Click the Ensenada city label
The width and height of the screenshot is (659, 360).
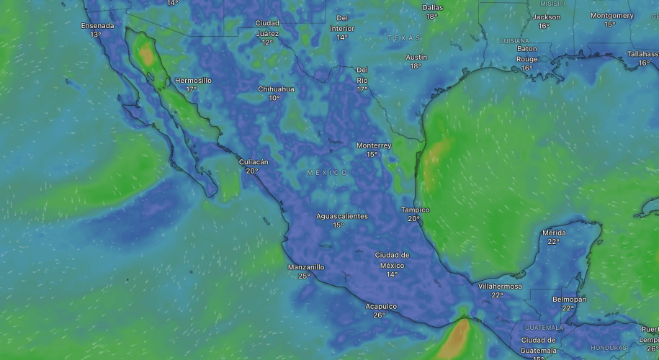[97, 25]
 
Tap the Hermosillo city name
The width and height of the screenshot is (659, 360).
[193, 81]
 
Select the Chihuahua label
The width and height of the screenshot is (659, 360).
[276, 89]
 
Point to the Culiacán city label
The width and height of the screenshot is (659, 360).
[254, 162]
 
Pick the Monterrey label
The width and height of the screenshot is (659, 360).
[374, 145]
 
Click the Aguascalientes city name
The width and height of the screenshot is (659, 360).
[341, 216]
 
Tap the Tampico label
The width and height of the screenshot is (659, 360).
[415, 210]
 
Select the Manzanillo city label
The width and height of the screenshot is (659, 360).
[306, 267]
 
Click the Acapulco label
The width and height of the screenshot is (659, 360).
[381, 306]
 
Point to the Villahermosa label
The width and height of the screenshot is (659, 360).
[500, 286]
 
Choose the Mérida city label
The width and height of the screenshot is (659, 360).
[554, 233]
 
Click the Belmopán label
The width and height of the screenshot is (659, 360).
[569, 299]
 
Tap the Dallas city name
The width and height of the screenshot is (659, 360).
[432, 7]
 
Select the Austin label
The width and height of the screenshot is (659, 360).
[416, 57]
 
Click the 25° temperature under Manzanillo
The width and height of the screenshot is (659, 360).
[305, 276]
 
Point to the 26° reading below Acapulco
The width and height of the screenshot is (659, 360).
[380, 315]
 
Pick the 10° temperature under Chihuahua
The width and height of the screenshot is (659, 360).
[274, 98]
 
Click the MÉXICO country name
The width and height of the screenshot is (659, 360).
[327, 173]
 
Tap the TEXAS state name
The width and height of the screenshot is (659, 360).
[403, 37]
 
